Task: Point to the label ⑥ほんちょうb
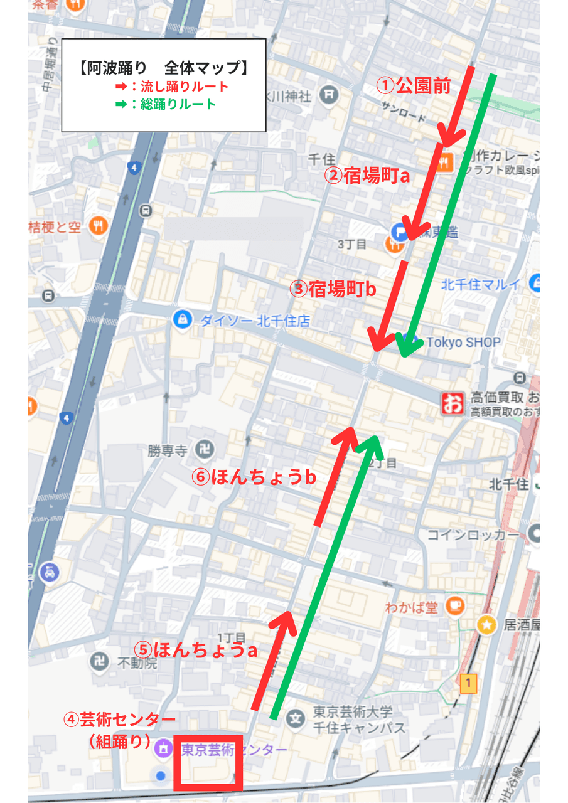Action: click(254, 477)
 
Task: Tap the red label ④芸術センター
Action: click(120, 719)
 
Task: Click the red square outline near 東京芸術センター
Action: click(208, 762)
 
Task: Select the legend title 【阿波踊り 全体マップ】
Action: click(163, 68)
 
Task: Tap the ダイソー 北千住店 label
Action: click(254, 321)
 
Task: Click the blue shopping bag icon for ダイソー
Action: click(183, 319)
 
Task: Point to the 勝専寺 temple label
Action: click(168, 450)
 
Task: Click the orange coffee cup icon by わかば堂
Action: click(454, 607)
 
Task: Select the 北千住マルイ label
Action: click(481, 284)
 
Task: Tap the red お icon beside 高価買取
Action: click(451, 402)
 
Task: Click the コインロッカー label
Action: click(473, 535)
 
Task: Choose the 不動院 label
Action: click(137, 662)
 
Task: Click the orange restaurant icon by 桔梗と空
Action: click(97, 226)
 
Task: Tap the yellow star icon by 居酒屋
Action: click(486, 625)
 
